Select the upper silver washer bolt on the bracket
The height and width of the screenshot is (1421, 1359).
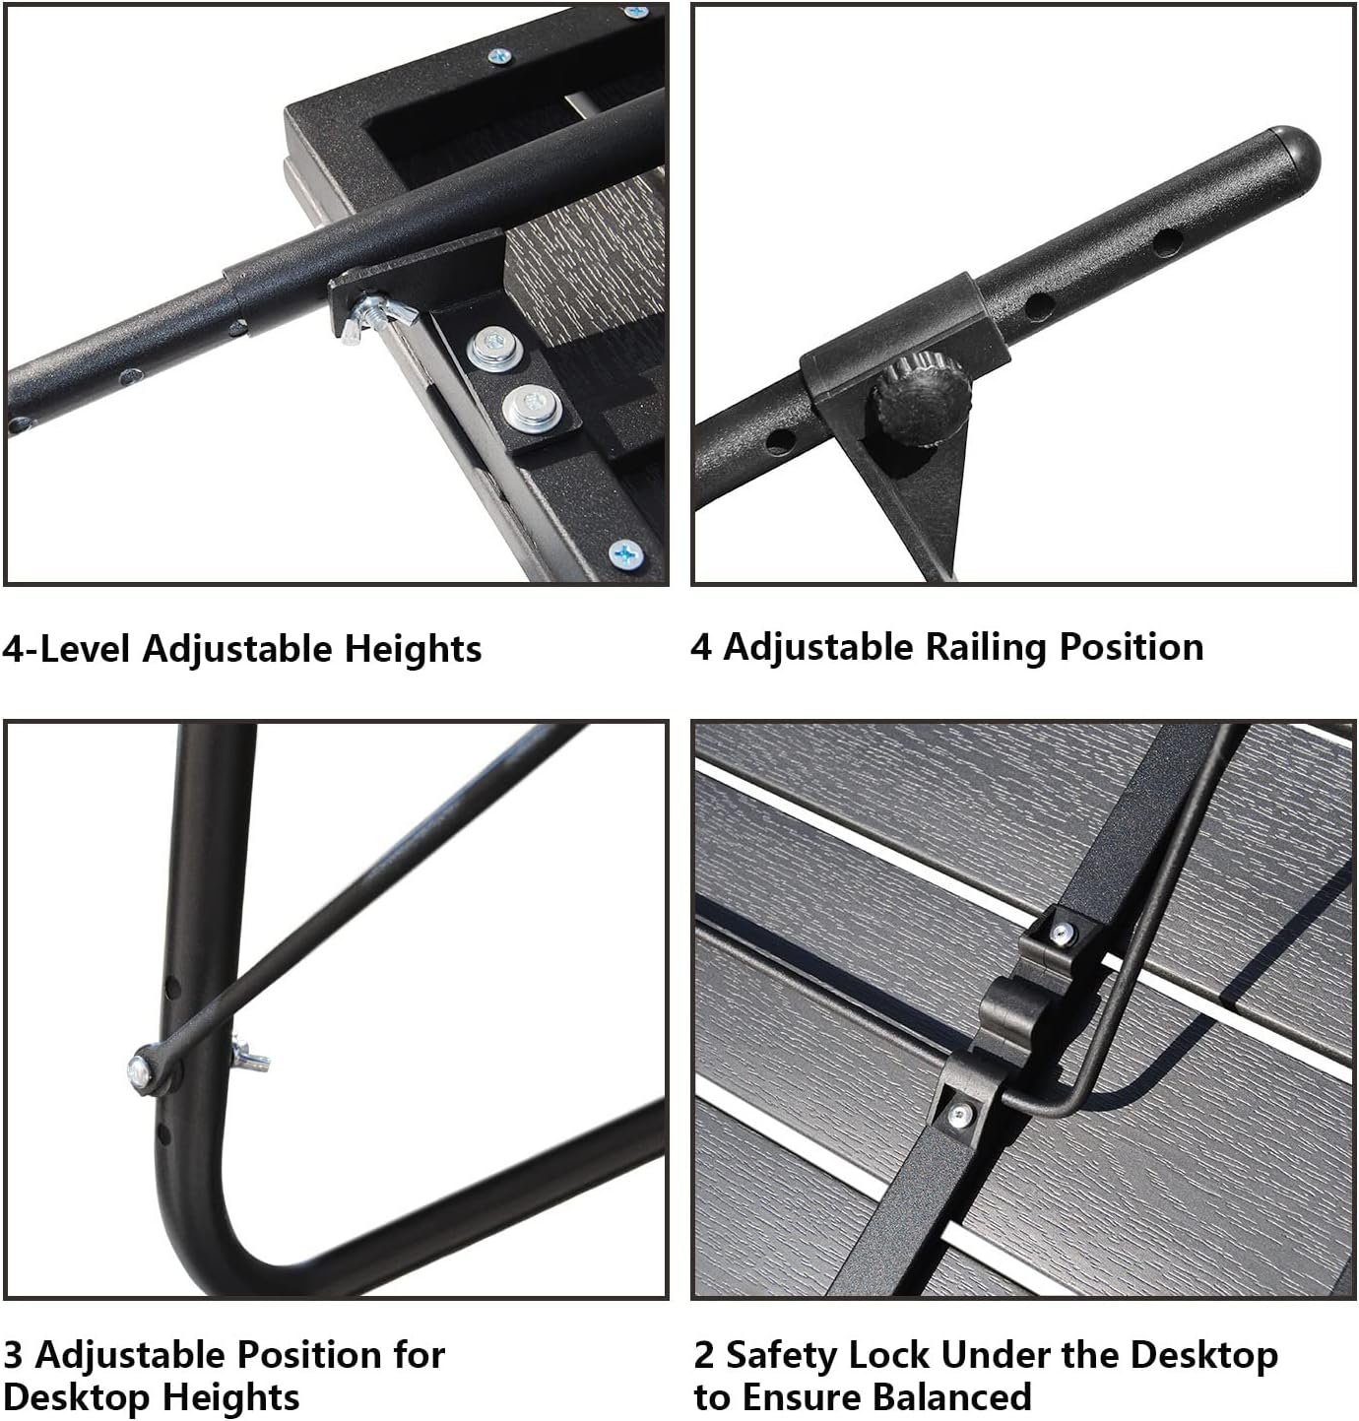[x=490, y=350]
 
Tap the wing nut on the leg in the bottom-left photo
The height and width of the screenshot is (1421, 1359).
[x=249, y=1058]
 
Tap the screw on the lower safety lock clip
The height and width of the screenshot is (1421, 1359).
[x=958, y=1115]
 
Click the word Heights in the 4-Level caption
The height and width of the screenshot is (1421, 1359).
[x=413, y=649]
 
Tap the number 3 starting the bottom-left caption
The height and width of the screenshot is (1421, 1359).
[x=13, y=1355]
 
